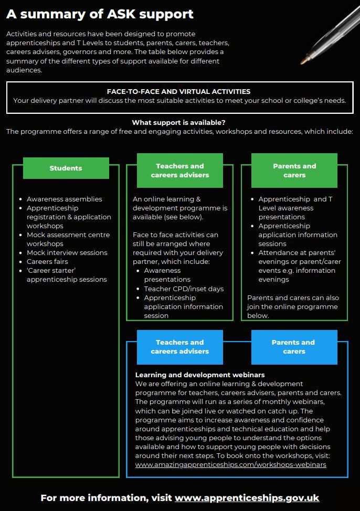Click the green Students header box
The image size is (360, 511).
[x=66, y=168]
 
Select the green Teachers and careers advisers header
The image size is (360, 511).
[x=180, y=171]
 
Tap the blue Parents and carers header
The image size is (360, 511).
[x=294, y=347]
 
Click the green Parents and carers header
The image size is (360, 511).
[x=294, y=171]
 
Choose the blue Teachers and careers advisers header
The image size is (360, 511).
[x=180, y=347]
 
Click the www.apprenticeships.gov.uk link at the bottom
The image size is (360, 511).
[x=247, y=498]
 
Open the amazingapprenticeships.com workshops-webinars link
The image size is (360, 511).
[x=230, y=465]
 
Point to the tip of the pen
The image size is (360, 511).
[x=302, y=62]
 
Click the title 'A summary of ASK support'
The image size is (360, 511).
[x=100, y=14]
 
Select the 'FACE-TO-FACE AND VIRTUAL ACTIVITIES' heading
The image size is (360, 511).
[x=179, y=92]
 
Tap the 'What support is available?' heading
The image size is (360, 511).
[x=179, y=123]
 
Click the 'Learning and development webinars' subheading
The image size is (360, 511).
[x=200, y=375]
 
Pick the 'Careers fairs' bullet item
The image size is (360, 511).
[x=48, y=261]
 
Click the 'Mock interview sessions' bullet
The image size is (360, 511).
[x=67, y=252]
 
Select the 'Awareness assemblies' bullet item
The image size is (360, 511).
[x=64, y=199]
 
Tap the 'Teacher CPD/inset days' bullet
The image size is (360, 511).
[x=184, y=289]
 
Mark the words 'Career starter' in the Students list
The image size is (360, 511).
[x=51, y=271]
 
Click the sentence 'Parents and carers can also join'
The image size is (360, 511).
[x=293, y=302]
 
